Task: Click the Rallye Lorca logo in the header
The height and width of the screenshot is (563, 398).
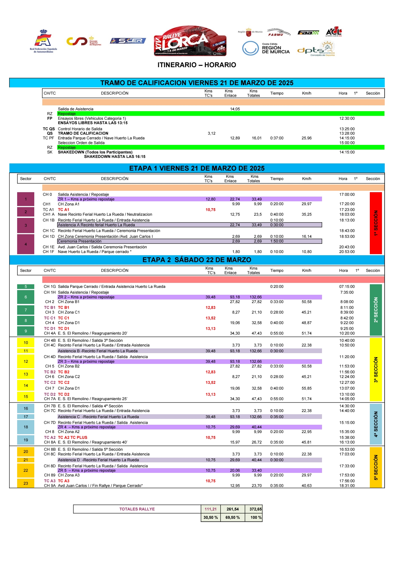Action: pos(190,41)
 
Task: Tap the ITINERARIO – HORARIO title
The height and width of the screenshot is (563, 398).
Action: pos(197,65)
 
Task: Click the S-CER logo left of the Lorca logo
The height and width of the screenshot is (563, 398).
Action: pos(128,41)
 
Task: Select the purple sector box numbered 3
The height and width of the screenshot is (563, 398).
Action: pos(26,225)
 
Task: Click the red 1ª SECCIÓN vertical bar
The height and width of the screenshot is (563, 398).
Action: pos(376,223)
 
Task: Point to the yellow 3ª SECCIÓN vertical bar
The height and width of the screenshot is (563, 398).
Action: pos(376,369)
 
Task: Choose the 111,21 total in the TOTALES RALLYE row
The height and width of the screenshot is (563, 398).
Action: pos(211,509)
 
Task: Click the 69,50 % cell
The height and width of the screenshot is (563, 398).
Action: pos(233,517)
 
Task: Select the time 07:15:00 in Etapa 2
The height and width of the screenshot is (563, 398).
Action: pos(347,286)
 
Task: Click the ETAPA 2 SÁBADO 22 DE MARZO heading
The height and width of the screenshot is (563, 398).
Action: pos(197,260)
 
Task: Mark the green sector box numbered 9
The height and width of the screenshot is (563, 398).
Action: pos(26,331)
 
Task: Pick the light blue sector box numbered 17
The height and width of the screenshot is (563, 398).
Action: pos(26,417)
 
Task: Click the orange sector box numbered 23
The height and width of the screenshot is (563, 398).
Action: pos(26,483)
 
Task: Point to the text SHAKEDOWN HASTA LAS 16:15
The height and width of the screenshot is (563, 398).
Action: pos(115,157)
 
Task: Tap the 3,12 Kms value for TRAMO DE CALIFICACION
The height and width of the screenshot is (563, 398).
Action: pos(211,133)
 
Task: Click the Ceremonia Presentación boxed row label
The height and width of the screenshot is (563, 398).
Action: pos(80,241)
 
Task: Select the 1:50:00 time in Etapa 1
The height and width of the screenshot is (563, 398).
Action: pos(277,241)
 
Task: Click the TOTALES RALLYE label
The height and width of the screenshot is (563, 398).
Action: pos(137,509)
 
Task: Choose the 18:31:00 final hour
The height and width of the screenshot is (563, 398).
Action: pos(347,486)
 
